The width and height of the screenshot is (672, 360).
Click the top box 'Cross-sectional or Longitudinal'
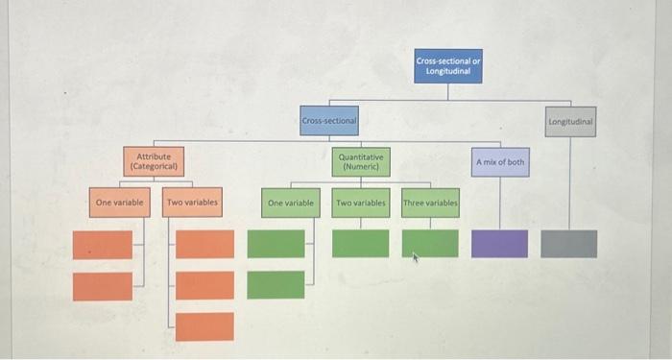coord(448,66)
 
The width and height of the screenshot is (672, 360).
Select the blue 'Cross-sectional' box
coord(328,121)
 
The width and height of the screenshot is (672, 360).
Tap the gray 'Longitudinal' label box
coord(570,122)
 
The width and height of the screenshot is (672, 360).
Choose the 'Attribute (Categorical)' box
coord(154,160)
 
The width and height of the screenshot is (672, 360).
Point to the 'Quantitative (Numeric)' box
coord(360,161)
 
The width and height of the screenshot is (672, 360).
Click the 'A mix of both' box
coord(500,162)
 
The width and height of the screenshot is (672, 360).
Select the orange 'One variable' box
coord(120,203)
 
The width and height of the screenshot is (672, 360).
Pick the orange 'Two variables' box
coord(192,203)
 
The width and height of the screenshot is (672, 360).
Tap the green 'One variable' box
coord(291,204)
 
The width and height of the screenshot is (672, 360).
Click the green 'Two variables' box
coord(361,204)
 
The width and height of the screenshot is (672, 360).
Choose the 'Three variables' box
coord(430,204)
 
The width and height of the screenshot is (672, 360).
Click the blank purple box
coord(499,244)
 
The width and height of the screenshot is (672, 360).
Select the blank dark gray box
coord(568,244)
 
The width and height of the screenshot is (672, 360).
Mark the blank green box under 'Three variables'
coord(430,244)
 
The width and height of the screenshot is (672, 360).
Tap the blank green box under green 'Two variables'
coord(361,244)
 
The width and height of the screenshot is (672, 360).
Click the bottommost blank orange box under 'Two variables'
coord(204,326)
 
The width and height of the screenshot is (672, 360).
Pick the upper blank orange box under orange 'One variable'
coord(103,245)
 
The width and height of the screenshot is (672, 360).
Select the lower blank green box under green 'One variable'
coord(276,284)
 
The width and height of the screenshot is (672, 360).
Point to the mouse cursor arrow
coord(414,257)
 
